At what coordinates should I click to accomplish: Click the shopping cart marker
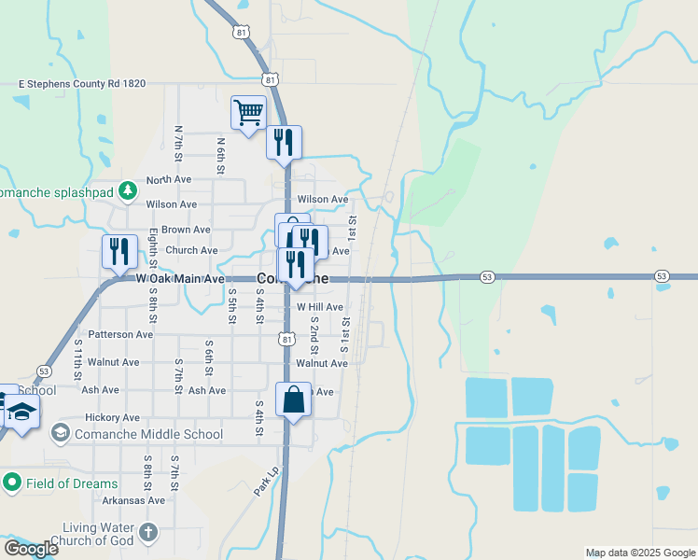point(248,114)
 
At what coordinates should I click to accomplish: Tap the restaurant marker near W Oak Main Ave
point(119,252)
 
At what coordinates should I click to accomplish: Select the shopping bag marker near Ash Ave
point(294,400)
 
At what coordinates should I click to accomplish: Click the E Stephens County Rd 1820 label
point(82,84)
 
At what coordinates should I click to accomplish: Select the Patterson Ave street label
point(120,334)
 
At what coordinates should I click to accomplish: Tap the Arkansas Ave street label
point(133,500)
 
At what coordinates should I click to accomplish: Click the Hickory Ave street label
point(112,417)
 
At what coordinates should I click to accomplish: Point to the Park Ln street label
point(267,480)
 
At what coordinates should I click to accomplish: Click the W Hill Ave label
point(320,307)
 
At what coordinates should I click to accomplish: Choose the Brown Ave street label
point(186,230)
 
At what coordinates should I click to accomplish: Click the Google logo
point(30,549)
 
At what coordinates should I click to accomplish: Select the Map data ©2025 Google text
point(639,553)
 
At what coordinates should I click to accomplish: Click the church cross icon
point(147,534)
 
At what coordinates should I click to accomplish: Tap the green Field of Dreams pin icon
point(12,483)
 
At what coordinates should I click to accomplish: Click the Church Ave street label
point(191,250)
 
